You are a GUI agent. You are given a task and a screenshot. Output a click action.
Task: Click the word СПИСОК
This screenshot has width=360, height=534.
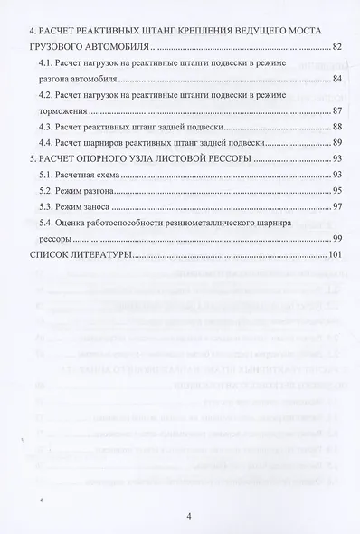point(52,256)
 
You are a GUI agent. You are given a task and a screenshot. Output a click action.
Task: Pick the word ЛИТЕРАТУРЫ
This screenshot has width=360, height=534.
point(104,256)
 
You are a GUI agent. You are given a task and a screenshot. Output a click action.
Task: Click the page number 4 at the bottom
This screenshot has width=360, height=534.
point(188,517)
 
